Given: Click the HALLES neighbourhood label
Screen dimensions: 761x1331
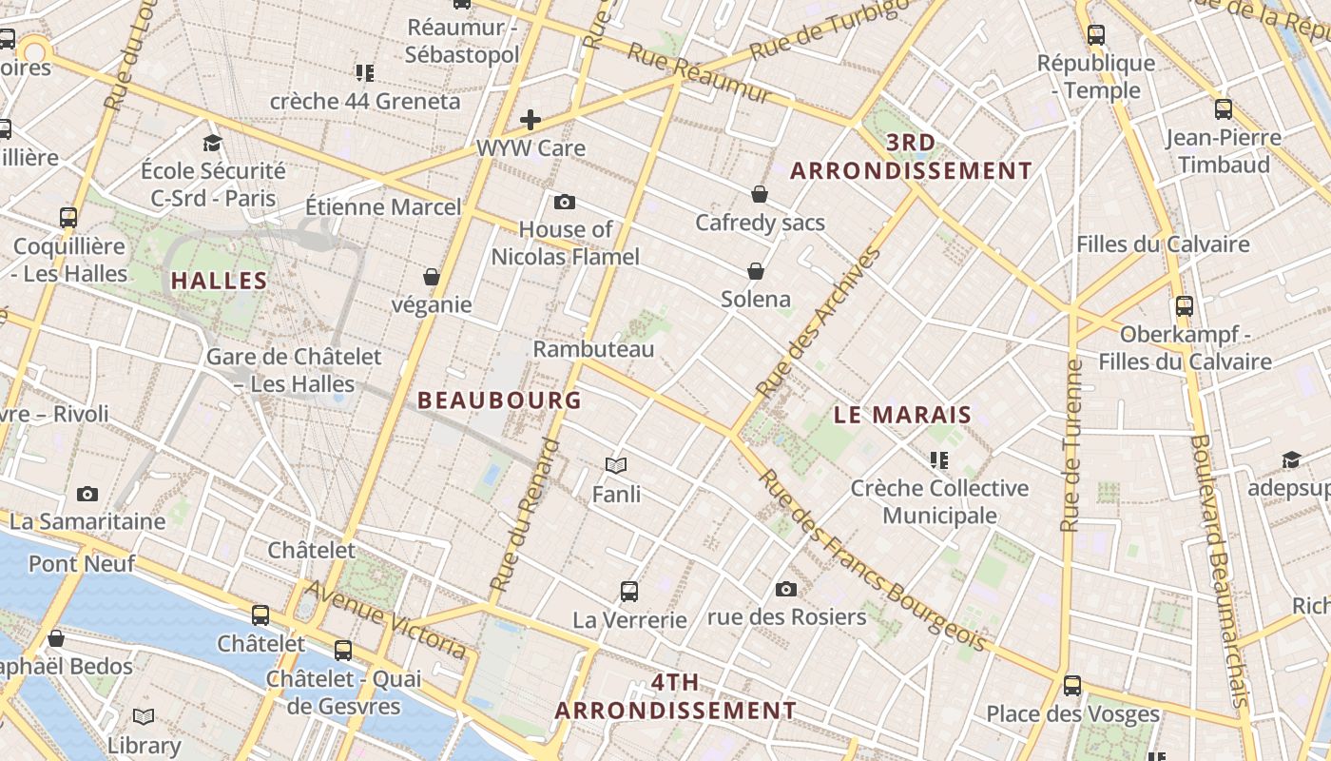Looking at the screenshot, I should [219, 281].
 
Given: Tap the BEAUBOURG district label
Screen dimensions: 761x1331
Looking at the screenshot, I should [499, 400].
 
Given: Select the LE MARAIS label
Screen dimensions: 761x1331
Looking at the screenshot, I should [902, 415].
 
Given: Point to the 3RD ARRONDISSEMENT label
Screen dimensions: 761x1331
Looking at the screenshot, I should [911, 157].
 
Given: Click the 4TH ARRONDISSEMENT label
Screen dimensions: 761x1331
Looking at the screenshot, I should [675, 696].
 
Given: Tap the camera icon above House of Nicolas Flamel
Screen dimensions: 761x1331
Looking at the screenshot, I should [565, 202].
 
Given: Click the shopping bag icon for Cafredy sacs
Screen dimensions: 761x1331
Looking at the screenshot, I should [760, 195].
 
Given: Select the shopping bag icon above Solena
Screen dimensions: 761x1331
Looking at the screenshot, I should [756, 272].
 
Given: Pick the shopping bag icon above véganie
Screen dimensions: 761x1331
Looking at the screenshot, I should [432, 278].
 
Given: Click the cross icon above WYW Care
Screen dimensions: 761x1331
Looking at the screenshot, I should [530, 120].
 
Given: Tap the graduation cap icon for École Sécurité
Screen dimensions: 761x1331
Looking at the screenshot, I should [212, 143].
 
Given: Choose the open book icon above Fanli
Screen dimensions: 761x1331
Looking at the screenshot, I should [616, 465].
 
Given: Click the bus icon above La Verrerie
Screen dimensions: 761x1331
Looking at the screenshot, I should [628, 592].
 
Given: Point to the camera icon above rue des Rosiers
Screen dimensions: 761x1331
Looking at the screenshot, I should [785, 589].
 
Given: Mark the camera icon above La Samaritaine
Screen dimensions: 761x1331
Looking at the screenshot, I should [87, 494].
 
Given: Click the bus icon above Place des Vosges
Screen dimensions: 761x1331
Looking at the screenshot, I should [1072, 685].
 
